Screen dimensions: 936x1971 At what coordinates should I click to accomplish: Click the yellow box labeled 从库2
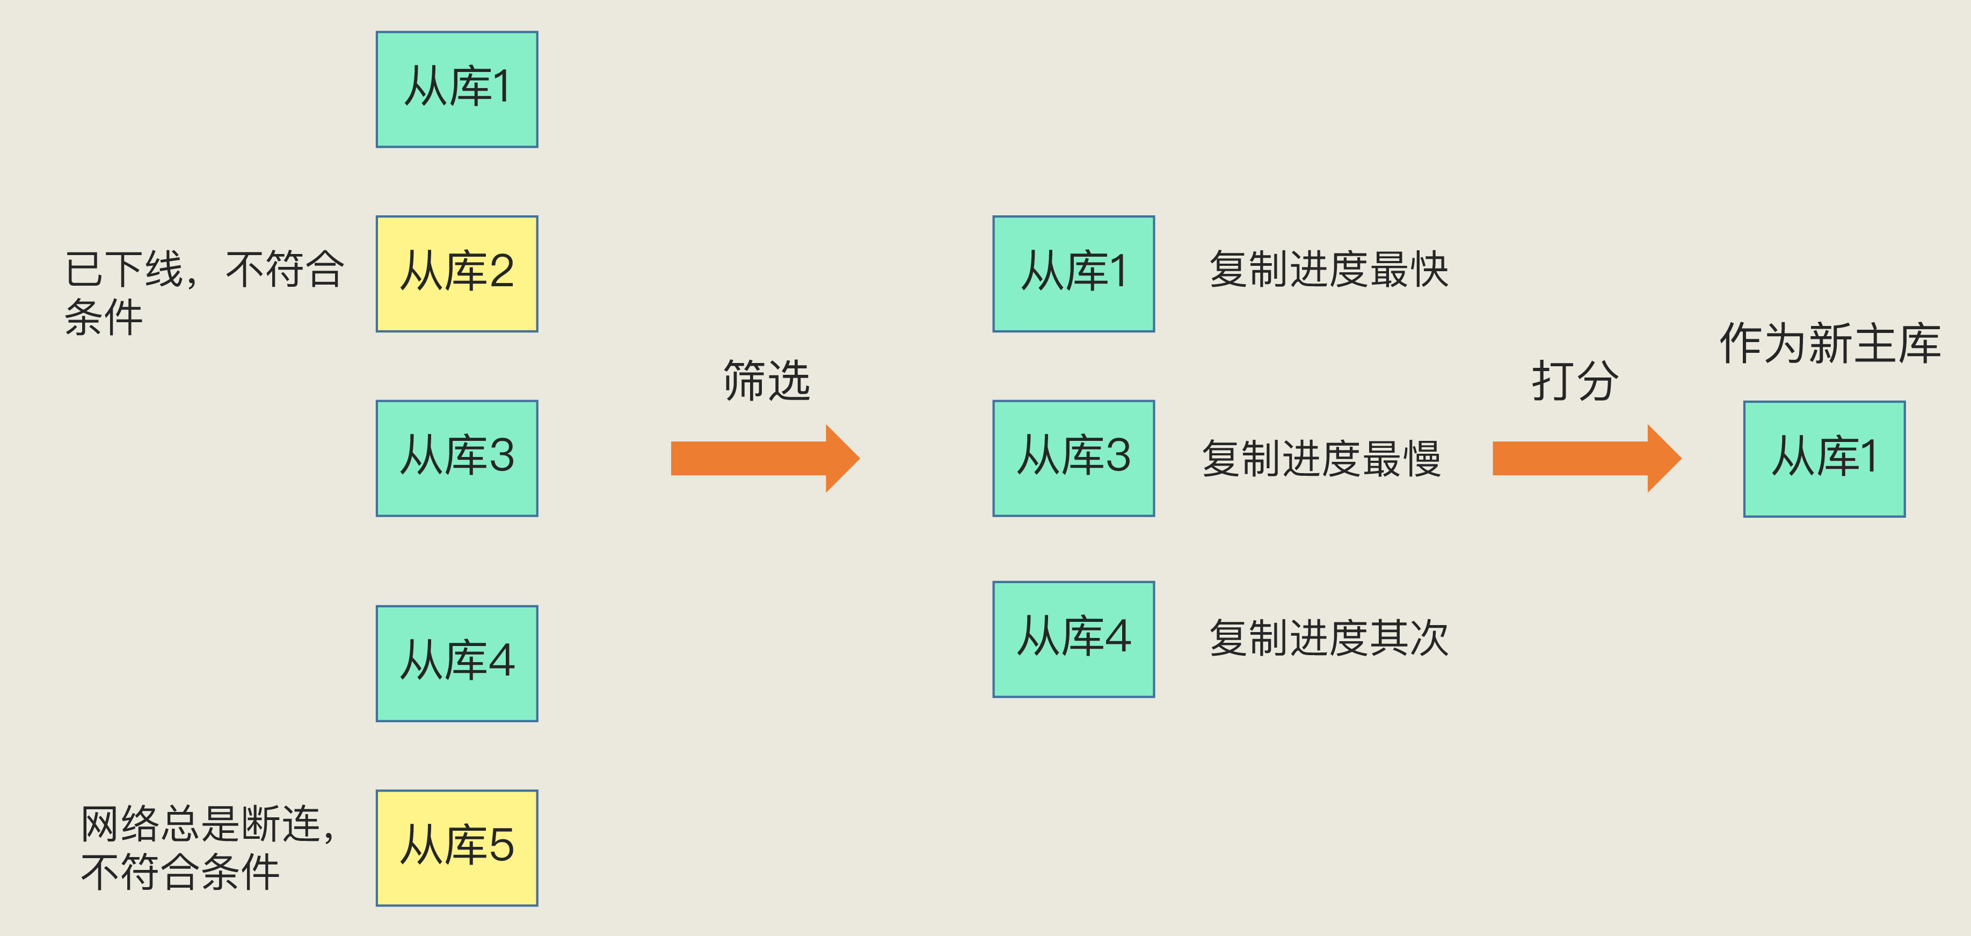[x=457, y=273]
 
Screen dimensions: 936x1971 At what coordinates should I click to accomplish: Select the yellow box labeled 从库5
[x=457, y=847]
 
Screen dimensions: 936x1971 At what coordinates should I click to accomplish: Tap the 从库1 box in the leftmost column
[x=457, y=89]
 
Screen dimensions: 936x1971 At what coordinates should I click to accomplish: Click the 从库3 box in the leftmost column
[x=457, y=458]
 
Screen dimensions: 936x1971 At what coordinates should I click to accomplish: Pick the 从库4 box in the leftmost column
[x=457, y=663]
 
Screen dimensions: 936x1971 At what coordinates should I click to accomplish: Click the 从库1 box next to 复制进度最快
[x=1073, y=273]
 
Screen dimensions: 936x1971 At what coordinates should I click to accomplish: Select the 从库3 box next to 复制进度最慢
[x=1073, y=458]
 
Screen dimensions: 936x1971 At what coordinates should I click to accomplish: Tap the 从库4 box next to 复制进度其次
[x=1073, y=638]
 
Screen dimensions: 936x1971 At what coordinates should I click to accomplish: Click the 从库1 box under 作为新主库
[x=1823, y=459]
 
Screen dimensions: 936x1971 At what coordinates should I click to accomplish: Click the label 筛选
[x=766, y=380]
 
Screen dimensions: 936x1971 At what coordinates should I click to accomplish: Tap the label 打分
[x=1575, y=380]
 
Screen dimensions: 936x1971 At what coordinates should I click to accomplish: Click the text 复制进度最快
[x=1328, y=270]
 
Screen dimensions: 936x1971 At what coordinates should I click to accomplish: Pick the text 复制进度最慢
[x=1321, y=459]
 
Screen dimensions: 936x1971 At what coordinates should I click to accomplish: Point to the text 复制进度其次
[x=1328, y=638]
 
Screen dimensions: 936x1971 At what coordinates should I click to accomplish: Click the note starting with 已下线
[x=203, y=292]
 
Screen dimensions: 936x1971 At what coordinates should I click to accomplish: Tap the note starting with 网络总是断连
[x=208, y=847]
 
